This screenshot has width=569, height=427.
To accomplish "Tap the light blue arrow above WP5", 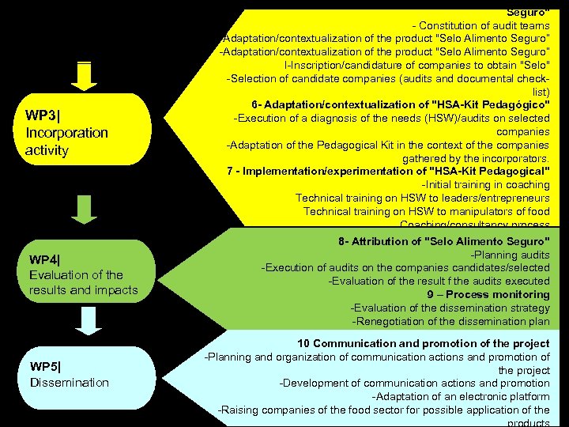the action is [x=89, y=319].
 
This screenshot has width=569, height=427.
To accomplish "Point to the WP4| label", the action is [x=51, y=259].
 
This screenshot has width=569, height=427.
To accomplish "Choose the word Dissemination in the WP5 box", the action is [x=70, y=383].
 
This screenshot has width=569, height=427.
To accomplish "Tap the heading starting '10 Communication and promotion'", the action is [x=423, y=344].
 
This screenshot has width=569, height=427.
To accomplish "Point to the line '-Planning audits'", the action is [x=510, y=255].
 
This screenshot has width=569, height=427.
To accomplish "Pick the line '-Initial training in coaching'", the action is [x=485, y=185].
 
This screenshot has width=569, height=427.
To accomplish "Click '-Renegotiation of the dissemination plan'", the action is [x=450, y=320].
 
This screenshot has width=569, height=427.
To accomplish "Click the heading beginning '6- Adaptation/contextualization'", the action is [x=400, y=105].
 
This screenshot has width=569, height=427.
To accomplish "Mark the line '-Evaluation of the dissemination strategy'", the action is [x=450, y=308].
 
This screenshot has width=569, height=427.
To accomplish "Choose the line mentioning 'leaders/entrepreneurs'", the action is [x=422, y=198].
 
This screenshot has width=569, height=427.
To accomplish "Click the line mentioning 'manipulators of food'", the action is [x=426, y=211].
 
